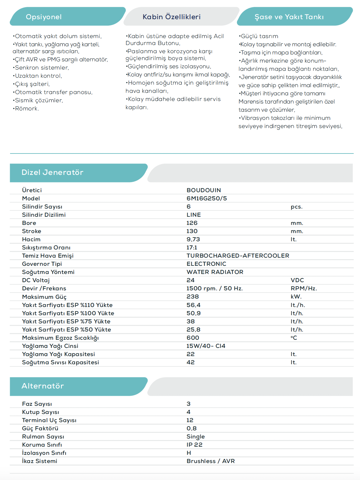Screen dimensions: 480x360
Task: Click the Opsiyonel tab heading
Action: click(x=44, y=17)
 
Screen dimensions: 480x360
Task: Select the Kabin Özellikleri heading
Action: click(x=172, y=17)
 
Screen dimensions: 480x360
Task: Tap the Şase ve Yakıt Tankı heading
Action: click(x=289, y=17)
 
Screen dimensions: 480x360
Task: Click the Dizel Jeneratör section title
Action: click(x=52, y=172)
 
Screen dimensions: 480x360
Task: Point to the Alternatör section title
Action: click(x=42, y=386)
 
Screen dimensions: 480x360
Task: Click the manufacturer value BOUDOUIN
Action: click(x=204, y=190)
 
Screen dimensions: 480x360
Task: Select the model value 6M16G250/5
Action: click(x=206, y=198)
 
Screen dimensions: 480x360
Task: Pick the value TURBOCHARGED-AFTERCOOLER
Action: click(x=238, y=256)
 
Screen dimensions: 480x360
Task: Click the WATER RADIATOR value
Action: click(x=215, y=272)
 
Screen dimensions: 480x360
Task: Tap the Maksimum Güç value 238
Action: click(x=193, y=297)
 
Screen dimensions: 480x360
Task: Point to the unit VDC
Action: click(x=297, y=280)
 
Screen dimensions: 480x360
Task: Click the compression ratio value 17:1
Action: click(x=192, y=248)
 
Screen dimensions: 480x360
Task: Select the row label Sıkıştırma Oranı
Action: click(x=46, y=248)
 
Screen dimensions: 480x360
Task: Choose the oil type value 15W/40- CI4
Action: click(x=206, y=346)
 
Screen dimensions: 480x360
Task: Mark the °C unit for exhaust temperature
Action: click(x=294, y=338)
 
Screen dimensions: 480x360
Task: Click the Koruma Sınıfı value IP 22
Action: click(x=194, y=445)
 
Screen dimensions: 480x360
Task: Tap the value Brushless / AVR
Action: click(x=211, y=461)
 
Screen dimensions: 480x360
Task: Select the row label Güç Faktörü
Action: click(x=40, y=428)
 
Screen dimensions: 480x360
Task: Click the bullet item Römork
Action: click(x=26, y=109)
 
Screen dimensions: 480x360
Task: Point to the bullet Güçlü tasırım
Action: click(x=259, y=36)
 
